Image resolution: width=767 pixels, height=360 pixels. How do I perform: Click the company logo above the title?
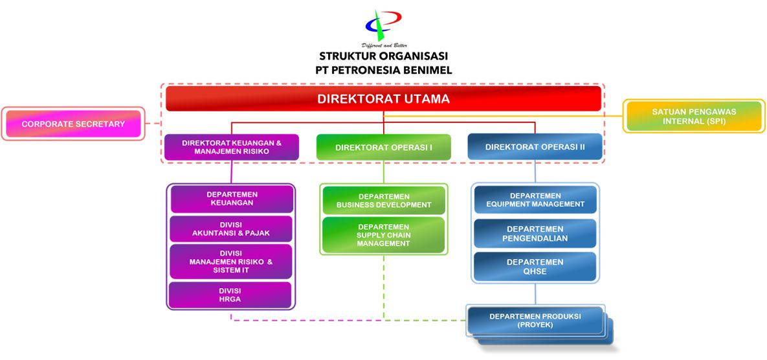383,25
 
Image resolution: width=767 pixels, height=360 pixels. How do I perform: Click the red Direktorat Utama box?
383,99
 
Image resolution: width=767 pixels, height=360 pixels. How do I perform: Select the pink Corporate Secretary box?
73,124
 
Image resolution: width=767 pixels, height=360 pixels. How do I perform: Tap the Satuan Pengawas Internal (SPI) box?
694,116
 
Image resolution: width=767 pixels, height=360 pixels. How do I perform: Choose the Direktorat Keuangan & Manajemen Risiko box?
231,147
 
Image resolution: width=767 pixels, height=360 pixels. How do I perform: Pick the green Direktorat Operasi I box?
383,147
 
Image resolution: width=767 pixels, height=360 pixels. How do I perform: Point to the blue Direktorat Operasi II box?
535,147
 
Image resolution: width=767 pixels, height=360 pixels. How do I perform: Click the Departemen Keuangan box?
232,199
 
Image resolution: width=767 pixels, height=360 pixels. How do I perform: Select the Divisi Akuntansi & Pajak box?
231,229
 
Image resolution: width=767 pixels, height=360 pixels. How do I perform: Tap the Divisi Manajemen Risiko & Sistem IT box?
231,262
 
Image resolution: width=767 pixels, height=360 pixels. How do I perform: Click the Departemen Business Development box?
384,201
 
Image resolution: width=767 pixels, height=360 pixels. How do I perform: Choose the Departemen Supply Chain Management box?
383,235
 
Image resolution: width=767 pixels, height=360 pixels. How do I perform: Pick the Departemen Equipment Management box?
536,199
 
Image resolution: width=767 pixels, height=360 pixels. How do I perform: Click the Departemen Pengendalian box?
535,233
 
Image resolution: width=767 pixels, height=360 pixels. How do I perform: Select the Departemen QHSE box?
535,267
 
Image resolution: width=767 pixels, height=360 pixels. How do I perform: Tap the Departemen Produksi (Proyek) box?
535,321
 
